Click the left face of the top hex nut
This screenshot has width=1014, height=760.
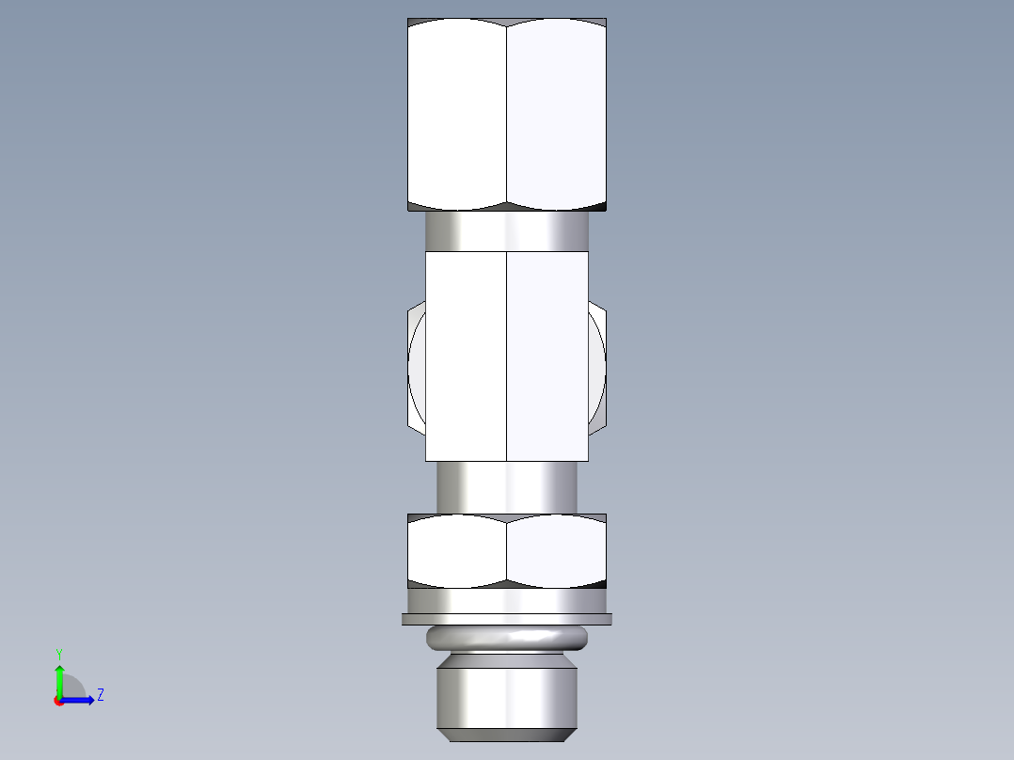click(457, 113)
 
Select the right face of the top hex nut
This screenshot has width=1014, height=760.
click(556, 113)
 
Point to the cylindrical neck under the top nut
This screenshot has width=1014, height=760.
click(507, 230)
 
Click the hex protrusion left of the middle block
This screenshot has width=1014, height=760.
click(416, 367)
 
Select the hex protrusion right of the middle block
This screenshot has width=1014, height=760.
click(598, 367)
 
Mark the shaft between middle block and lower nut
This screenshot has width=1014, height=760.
click(507, 487)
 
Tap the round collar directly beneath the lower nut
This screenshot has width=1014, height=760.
click(507, 600)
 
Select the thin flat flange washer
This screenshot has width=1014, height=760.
click(507, 619)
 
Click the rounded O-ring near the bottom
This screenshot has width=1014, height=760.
click(507, 639)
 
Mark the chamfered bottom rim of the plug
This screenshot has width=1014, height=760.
click(507, 733)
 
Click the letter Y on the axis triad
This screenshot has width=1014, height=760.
click(58, 653)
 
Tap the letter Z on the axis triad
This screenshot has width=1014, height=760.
click(100, 695)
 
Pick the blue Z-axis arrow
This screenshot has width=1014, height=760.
click(79, 700)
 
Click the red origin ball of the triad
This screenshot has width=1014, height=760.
click(58, 701)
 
